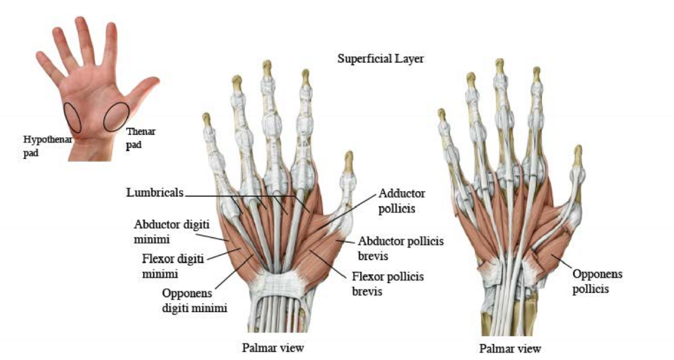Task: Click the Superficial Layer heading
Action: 380,59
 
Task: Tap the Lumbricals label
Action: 155,193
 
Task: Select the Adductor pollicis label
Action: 402,201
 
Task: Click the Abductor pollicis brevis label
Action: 400,248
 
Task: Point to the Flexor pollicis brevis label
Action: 388,283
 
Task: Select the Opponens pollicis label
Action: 597,281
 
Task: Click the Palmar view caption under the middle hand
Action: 272,347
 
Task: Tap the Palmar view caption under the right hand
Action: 510,348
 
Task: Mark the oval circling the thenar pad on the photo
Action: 116,117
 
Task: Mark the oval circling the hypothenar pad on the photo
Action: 72,117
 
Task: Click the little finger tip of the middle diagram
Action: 207,120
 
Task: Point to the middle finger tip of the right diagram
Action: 499,66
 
